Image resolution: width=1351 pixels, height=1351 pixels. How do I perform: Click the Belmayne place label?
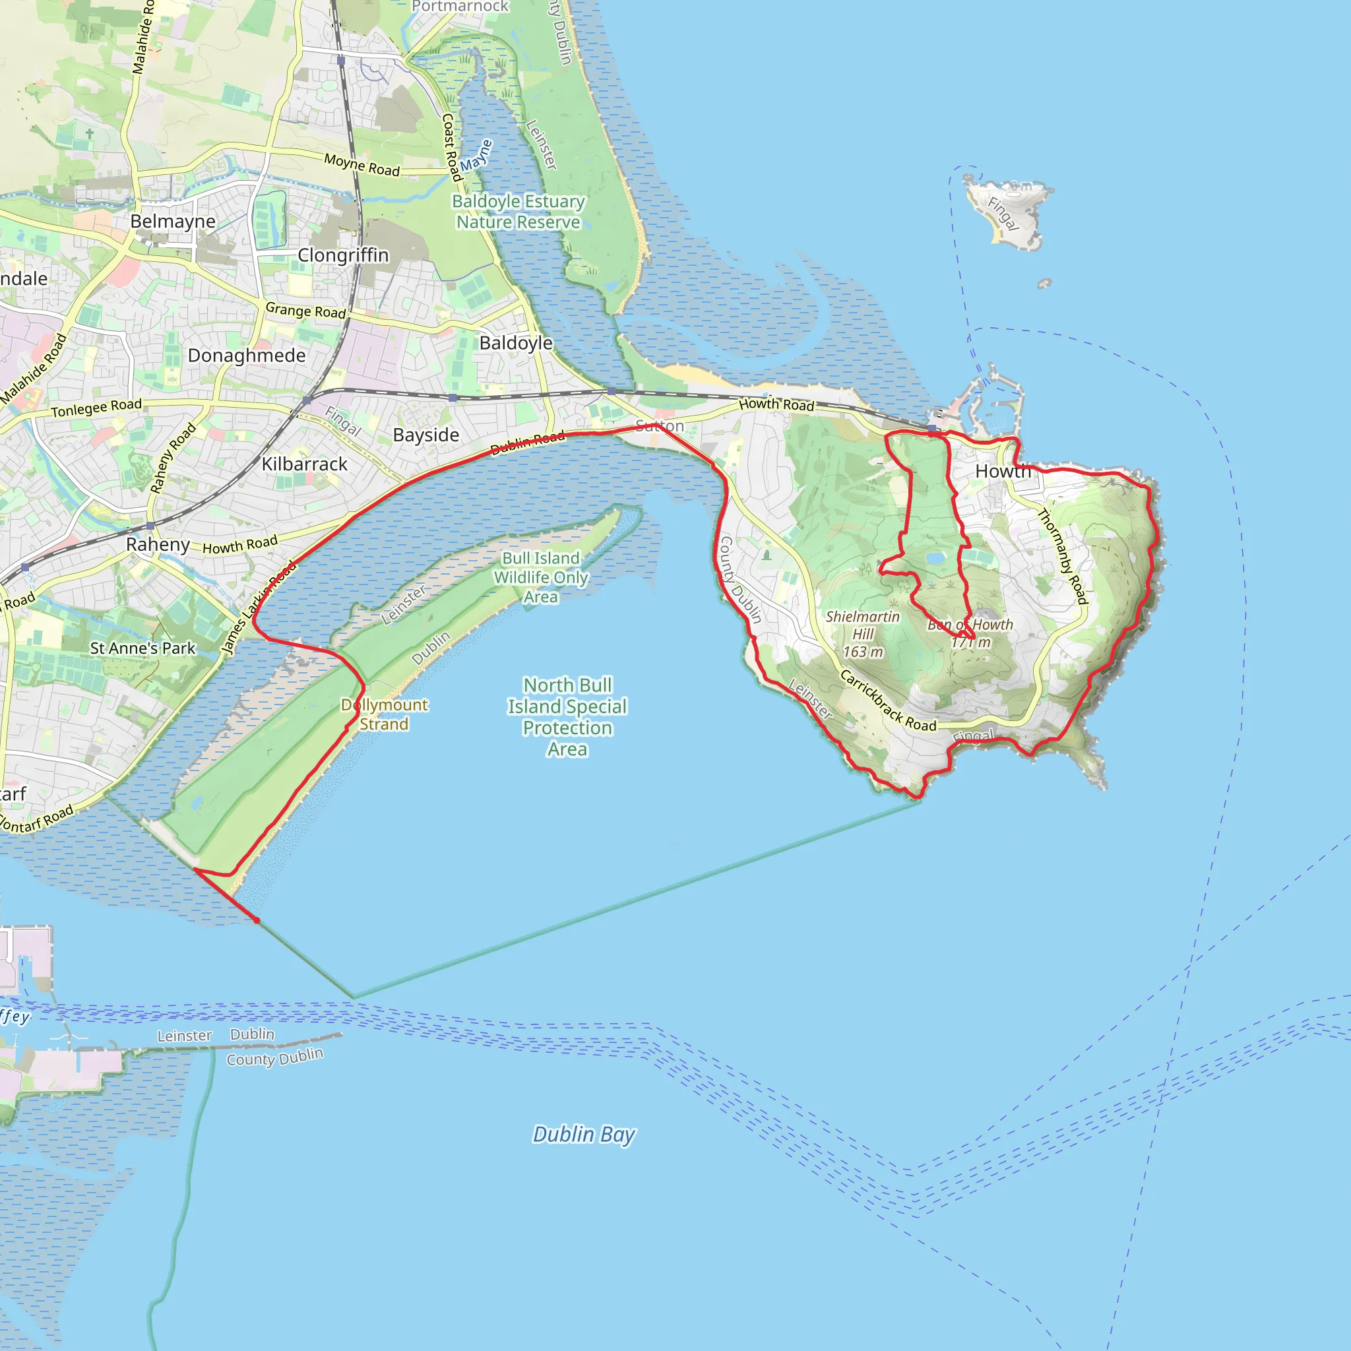(173, 222)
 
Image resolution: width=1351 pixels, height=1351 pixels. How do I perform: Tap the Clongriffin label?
(342, 255)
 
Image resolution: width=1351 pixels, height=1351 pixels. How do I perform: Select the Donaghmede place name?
(246, 356)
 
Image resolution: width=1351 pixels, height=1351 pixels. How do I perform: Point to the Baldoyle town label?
(515, 342)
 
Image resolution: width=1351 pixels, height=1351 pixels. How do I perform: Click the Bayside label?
(426, 435)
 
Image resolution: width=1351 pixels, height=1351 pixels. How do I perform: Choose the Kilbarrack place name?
(304, 464)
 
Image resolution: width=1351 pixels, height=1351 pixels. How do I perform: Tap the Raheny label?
(158, 544)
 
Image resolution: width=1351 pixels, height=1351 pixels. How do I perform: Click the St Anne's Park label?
(142, 648)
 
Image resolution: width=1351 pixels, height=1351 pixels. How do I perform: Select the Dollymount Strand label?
(384, 714)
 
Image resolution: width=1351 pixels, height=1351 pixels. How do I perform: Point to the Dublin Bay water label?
(584, 1133)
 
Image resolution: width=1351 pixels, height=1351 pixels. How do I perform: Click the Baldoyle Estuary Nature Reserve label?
(518, 211)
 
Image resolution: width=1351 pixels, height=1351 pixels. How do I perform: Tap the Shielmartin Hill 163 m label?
(862, 634)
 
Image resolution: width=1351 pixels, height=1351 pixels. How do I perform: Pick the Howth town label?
(1003, 471)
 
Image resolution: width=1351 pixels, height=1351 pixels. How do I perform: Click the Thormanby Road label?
(1062, 556)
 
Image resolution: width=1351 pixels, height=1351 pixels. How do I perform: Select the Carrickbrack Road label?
(887, 701)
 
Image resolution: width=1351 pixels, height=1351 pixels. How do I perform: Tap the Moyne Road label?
(361, 165)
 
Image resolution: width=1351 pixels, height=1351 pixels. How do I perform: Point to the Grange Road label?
(305, 310)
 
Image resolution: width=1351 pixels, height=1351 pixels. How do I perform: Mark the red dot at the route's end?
(257, 920)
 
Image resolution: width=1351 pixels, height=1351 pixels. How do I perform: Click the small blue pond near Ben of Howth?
(935, 558)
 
